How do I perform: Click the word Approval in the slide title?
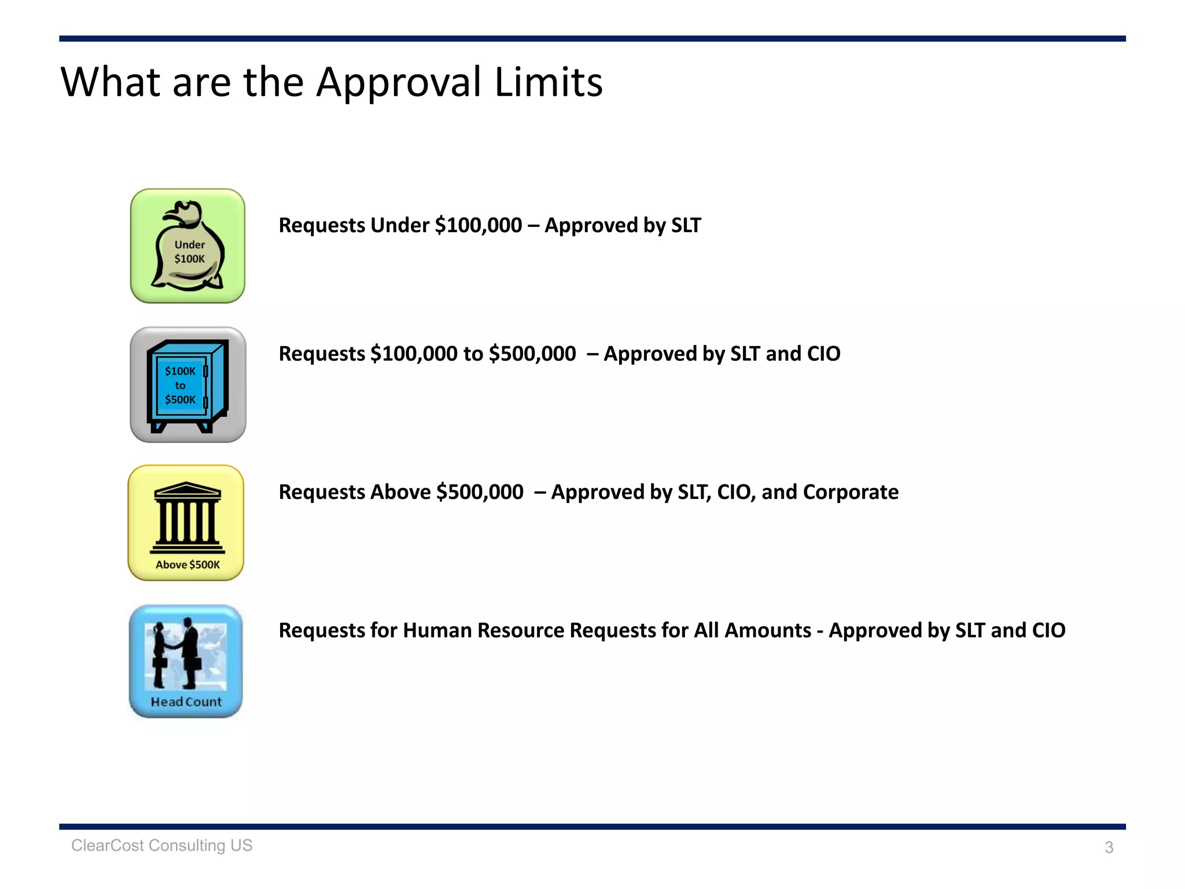(398, 83)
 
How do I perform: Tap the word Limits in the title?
(548, 82)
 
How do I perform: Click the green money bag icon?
(187, 246)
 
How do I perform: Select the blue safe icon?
(187, 385)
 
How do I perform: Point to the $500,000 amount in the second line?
(532, 354)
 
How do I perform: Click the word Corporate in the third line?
(850, 492)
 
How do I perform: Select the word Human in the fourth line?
(436, 630)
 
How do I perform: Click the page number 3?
(1109, 847)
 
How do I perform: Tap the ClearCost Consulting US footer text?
(161, 846)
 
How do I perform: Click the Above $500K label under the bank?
(187, 565)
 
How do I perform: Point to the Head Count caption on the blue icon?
(186, 702)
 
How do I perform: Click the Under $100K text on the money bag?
(189, 252)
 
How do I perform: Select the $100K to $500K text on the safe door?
(180, 385)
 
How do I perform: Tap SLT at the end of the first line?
(686, 225)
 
